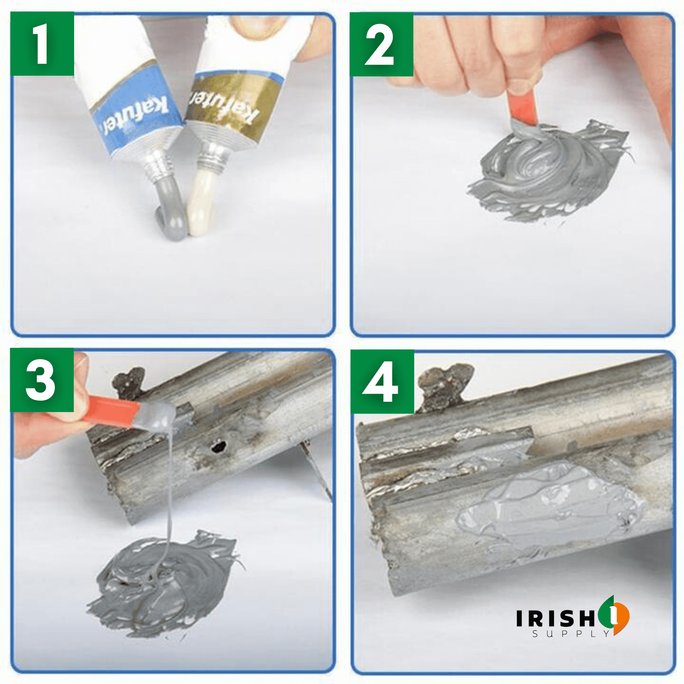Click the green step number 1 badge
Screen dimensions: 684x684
[42, 44]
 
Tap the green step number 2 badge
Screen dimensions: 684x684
[381, 44]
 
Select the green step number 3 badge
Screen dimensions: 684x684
[42, 380]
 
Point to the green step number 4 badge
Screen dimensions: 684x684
[382, 381]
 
